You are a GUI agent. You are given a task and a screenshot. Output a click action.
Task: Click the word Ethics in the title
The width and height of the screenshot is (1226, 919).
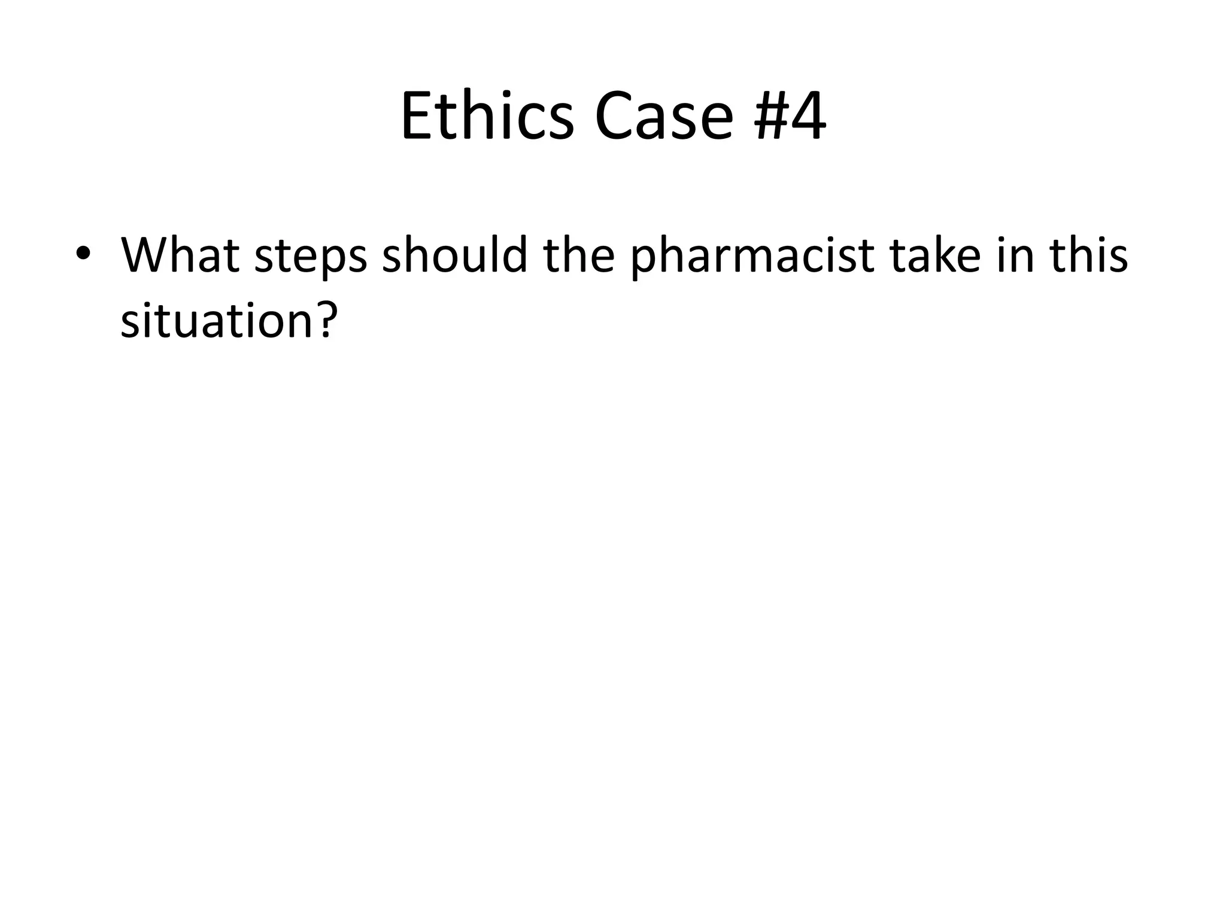tap(487, 117)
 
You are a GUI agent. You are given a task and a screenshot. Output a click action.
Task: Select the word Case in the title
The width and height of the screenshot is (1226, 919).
tap(663, 117)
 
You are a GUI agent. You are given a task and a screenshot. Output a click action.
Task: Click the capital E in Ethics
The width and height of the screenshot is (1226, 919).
tap(415, 117)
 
